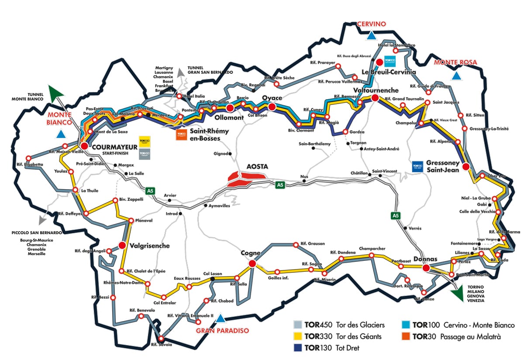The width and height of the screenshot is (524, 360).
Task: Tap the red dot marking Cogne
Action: tap(252, 263)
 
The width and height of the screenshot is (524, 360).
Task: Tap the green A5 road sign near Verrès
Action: tap(395, 215)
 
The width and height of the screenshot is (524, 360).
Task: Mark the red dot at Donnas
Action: tap(427, 267)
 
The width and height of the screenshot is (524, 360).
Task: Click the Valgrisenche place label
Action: tap(149, 246)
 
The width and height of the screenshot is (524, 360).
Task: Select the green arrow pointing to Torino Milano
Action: tap(457, 294)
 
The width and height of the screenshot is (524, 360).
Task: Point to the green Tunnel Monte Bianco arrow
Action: tap(56, 93)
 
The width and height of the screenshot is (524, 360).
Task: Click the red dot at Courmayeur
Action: tap(84, 145)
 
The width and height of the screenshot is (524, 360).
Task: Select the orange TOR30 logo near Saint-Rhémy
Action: tap(181, 135)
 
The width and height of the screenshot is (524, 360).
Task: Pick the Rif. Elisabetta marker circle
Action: tap(29, 158)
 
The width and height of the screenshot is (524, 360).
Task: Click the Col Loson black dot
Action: tap(213, 279)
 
